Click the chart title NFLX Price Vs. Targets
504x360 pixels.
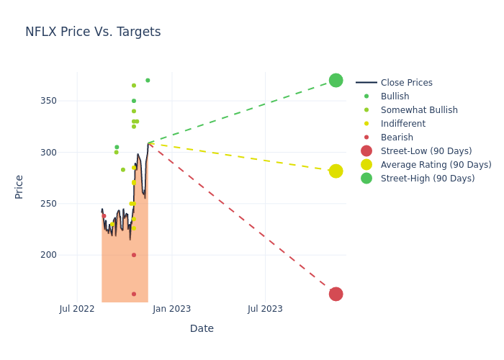point(93,32)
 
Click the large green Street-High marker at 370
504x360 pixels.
point(336,81)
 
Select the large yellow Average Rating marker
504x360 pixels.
point(336,171)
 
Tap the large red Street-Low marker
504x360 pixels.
point(336,294)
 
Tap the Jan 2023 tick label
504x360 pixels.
point(172,309)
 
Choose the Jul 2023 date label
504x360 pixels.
point(265,309)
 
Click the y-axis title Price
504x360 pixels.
point(19,186)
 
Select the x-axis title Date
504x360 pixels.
point(202,328)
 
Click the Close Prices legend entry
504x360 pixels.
point(406,83)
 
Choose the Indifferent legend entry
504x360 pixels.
point(402,124)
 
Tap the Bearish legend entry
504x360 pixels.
point(397,138)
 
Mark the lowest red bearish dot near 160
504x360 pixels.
point(134,294)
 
